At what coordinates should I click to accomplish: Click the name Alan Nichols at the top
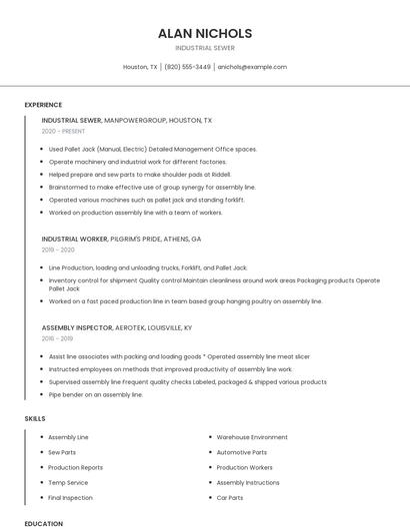(x=205, y=33)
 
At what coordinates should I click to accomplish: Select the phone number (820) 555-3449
(x=187, y=67)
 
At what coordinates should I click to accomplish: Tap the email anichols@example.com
(x=252, y=67)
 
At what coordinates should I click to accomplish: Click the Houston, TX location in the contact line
(x=140, y=67)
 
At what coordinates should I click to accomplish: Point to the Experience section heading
(x=43, y=105)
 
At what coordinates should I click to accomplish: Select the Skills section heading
(x=35, y=418)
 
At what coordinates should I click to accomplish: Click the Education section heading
(x=43, y=523)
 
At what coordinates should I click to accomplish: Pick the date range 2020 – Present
(x=63, y=132)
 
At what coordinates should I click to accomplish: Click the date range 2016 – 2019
(x=59, y=339)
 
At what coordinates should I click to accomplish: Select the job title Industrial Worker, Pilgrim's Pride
(x=121, y=240)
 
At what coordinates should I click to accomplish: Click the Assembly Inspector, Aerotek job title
(x=117, y=327)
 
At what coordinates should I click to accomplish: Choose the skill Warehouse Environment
(x=252, y=437)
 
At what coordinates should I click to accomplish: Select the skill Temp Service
(x=68, y=482)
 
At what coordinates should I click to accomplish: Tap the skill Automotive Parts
(x=241, y=452)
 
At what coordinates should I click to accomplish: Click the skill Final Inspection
(x=70, y=497)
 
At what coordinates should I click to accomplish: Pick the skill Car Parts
(x=230, y=497)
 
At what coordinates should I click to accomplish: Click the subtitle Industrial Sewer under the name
(x=205, y=47)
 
